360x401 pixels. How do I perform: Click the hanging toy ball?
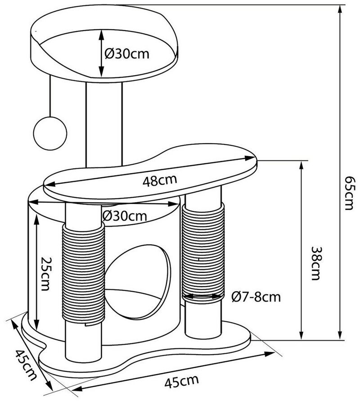click(50, 132)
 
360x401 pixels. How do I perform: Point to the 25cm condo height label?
click(45, 274)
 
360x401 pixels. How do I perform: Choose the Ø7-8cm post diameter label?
click(256, 297)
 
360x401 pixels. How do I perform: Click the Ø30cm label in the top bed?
click(127, 54)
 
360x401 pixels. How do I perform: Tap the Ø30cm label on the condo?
click(124, 215)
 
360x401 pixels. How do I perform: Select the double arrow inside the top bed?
click(102, 53)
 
